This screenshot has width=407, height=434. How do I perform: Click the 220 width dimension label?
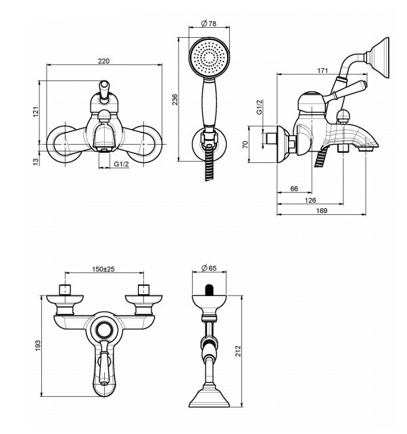pos(103,61)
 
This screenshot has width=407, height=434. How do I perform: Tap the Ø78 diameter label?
pos(209,24)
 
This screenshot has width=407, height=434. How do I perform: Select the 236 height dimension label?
pos(175,99)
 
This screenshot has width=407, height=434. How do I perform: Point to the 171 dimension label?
pos(322,70)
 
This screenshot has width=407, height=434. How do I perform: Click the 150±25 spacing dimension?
pos(103,269)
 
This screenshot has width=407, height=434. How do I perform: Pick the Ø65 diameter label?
pos(209,268)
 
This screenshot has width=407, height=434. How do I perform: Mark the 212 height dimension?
pos(238,351)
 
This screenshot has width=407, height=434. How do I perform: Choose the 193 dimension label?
pos(38,345)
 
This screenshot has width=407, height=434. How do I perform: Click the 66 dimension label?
pos(294,189)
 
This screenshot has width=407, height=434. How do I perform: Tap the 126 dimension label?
pos(310,200)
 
